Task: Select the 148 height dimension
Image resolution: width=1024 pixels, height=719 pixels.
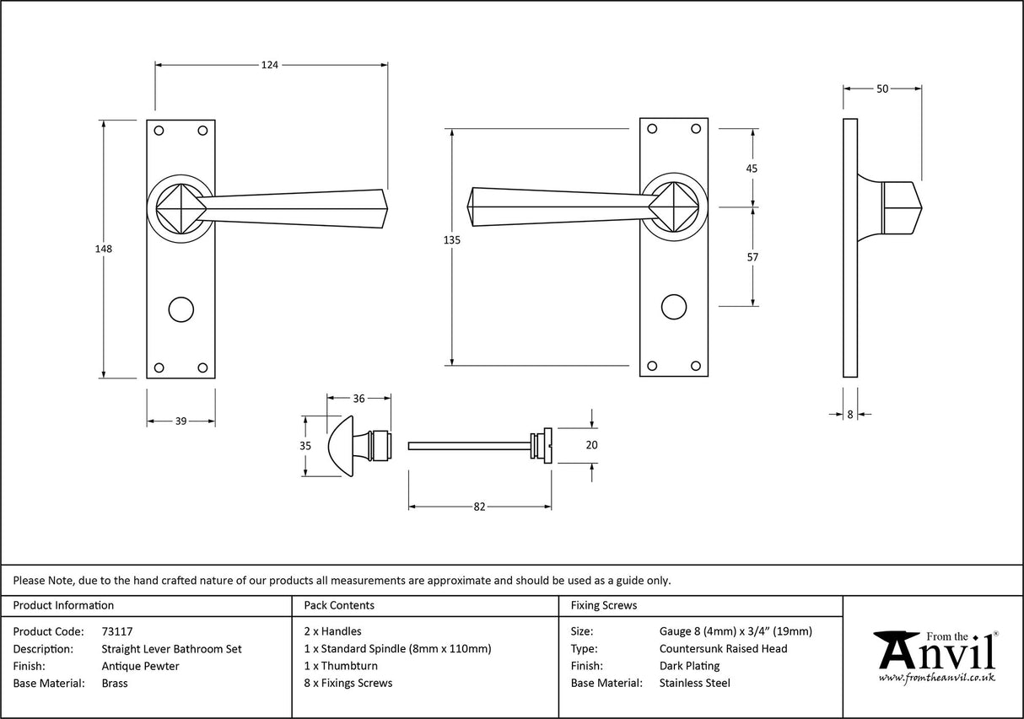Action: [x=104, y=249]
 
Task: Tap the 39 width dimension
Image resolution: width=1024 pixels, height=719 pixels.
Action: [x=181, y=421]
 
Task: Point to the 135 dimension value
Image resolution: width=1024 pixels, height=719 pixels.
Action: [x=451, y=240]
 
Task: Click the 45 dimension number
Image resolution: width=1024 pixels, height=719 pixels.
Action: [x=752, y=168]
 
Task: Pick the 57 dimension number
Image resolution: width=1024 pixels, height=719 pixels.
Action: [x=752, y=257]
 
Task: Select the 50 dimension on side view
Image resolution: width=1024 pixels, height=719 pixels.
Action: [x=882, y=88]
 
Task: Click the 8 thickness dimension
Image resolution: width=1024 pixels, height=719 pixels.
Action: [x=850, y=414]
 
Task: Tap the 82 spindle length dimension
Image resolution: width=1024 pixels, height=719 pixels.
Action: [x=479, y=507]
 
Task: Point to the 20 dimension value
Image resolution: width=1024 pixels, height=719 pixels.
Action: [x=591, y=445]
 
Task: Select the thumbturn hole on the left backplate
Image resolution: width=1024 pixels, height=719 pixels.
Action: [x=181, y=309]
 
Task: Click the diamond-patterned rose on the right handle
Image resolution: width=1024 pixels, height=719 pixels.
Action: [x=673, y=207]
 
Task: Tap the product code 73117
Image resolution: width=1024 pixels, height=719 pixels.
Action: [x=116, y=630]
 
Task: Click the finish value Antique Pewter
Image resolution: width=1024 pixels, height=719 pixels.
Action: [x=140, y=666]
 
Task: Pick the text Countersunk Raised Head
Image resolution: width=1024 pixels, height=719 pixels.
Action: [x=723, y=648]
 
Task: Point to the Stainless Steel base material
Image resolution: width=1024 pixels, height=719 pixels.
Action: [x=694, y=684]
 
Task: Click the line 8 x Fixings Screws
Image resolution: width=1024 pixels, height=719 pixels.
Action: [x=348, y=684]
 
